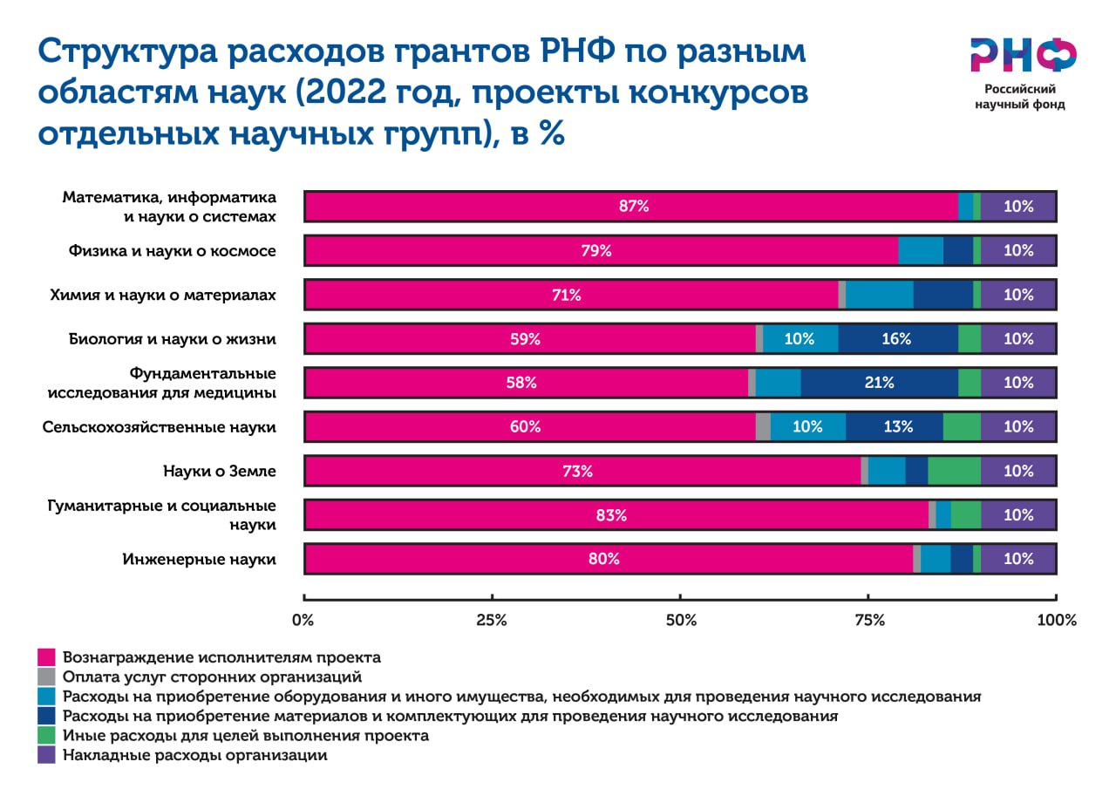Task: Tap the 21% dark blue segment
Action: point(879,383)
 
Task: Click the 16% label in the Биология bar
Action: point(896,339)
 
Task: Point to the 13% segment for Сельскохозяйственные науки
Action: point(895,427)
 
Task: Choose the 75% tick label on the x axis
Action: point(869,621)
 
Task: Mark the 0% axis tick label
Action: point(303,621)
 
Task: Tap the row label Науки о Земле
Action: point(219,472)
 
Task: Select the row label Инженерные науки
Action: point(200,559)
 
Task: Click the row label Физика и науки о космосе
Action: point(173,251)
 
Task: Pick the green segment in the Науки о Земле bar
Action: point(954,471)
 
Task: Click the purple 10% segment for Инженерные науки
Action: point(1017,559)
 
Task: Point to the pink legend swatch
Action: point(47,656)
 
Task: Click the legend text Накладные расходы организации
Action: point(194,756)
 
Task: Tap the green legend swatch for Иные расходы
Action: point(47,736)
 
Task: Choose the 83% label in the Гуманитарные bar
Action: point(610,515)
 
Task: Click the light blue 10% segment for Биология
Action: point(800,339)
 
